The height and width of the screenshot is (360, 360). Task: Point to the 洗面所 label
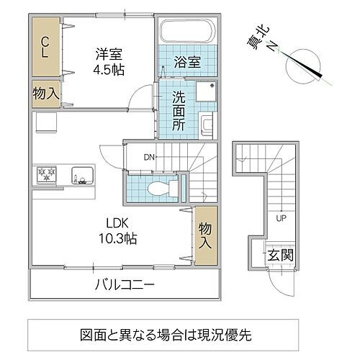point(179,108)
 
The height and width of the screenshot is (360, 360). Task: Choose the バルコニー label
point(125,285)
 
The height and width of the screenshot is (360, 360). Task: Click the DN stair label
point(148,156)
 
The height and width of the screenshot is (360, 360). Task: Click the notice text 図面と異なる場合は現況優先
point(166,335)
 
